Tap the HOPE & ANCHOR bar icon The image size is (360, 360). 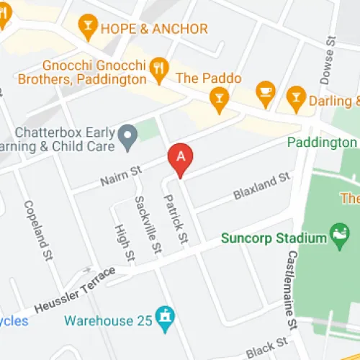point(89,29)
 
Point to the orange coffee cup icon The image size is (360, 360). point(266,91)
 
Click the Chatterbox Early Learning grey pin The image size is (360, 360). point(128,134)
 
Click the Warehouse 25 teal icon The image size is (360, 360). point(166,319)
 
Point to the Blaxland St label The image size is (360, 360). point(261,186)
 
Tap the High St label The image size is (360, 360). point(125,241)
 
